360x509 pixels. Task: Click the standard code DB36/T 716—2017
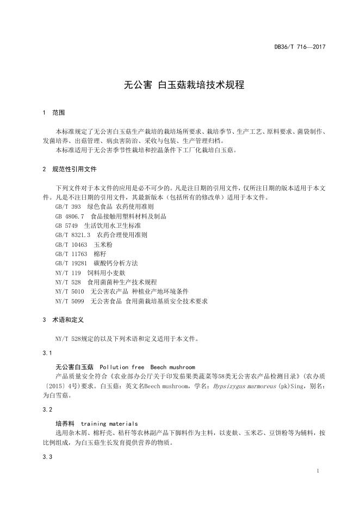coord(300,47)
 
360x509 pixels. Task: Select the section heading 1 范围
coord(54,113)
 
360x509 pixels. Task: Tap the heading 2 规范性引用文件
coord(70,169)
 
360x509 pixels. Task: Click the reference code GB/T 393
coord(68,207)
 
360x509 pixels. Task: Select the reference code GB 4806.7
coord(70,216)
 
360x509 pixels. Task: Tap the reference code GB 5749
coord(66,225)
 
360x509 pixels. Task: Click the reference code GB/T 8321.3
coord(73,234)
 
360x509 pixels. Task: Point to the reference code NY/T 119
coord(68,272)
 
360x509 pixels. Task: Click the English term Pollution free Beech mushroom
coord(147,367)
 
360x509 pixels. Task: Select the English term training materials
coord(109,423)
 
